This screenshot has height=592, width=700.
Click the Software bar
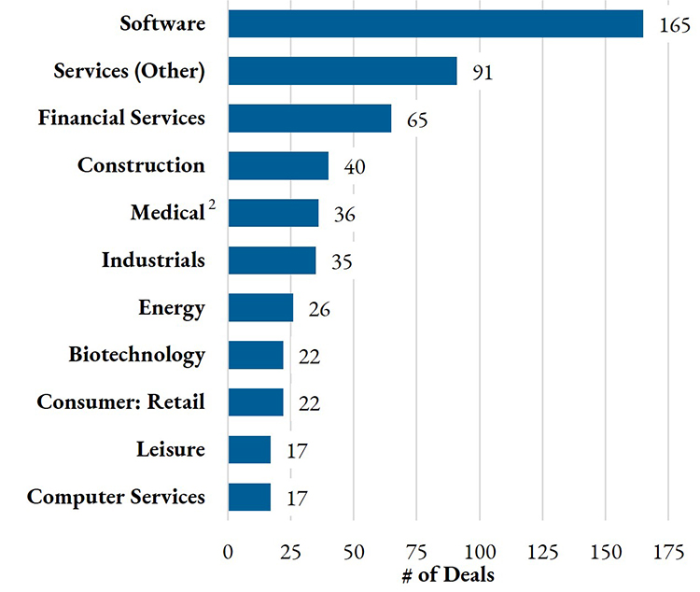coord(435,24)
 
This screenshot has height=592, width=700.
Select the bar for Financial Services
coord(309,119)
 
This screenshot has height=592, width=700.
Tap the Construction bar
coord(278,166)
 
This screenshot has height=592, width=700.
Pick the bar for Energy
coord(260,308)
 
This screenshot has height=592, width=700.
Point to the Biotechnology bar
coord(255,356)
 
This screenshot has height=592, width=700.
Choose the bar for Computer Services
coord(249,497)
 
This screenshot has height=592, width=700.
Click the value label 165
coord(674,26)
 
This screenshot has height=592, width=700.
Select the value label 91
coord(483,74)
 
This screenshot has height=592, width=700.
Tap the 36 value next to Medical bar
coord(343,216)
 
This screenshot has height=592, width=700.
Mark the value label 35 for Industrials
coord(342,262)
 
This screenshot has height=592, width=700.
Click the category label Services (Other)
coord(129,71)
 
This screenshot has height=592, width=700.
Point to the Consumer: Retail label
coord(120,402)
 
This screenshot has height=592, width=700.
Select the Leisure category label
coord(170,450)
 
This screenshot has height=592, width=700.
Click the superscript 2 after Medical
coord(212,206)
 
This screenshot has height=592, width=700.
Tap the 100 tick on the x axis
coord(479,551)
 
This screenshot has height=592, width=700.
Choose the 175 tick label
coord(668,551)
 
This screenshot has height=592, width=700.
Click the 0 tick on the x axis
coord(228,551)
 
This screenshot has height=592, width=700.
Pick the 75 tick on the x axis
coord(416,551)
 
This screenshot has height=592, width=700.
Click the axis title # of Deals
coord(448,574)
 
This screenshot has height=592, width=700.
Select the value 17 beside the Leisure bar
coord(296,452)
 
